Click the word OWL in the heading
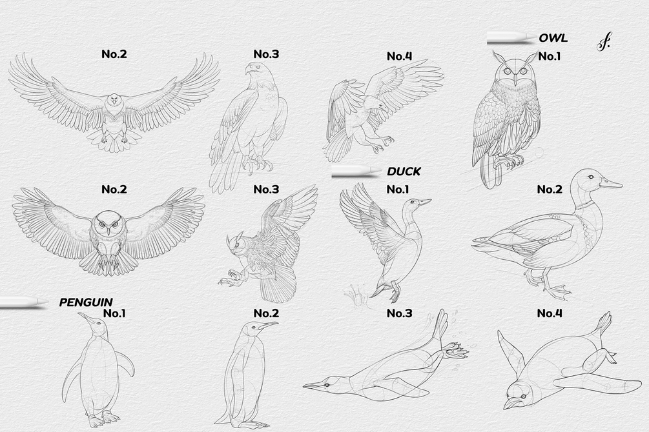553,38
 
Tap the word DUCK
404,171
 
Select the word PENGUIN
86,302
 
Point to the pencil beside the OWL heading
511,37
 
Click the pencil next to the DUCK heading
356,172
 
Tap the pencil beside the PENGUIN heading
24,302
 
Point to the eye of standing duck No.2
590,177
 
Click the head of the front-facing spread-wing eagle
115,101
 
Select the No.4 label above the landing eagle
400,56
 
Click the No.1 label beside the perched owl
550,56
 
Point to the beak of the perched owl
515,80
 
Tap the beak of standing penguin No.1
85,318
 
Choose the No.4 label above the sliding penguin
550,313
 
